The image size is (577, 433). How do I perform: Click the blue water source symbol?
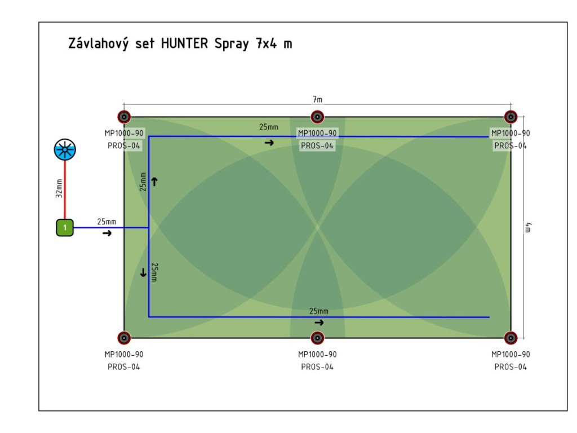(x=65, y=149)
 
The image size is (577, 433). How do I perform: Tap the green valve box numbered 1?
(x=65, y=228)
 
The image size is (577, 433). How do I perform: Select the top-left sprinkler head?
(x=124, y=117)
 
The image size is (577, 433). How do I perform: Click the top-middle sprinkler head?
(x=317, y=117)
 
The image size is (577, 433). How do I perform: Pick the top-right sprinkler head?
(x=511, y=117)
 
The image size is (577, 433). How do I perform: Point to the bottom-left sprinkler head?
(x=124, y=338)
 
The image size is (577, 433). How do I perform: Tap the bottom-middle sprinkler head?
(x=317, y=338)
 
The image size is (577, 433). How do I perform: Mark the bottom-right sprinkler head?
(x=511, y=338)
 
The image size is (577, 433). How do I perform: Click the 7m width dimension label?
(x=318, y=99)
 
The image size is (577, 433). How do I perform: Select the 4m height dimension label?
(x=528, y=228)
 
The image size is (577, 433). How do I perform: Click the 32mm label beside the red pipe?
(x=59, y=188)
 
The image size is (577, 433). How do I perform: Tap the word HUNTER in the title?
(x=185, y=43)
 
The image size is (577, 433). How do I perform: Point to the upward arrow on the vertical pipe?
(x=154, y=182)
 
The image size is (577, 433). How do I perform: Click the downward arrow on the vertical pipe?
(x=143, y=272)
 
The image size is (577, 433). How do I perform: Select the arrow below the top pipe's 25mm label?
(x=269, y=143)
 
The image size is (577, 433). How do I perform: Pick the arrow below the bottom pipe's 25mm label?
(x=319, y=322)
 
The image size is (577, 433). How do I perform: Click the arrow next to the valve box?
(x=107, y=233)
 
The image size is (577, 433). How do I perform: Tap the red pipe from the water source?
(x=65, y=189)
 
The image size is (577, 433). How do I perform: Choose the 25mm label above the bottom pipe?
(x=319, y=311)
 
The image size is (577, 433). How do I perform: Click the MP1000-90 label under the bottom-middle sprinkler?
(x=317, y=354)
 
